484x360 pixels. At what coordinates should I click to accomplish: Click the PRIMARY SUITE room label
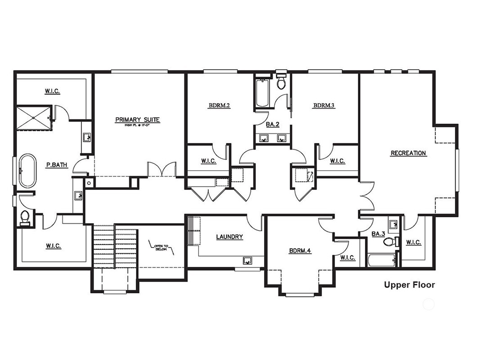click(138, 120)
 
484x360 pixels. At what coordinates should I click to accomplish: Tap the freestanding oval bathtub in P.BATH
click(27, 171)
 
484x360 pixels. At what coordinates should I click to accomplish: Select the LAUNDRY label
click(229, 237)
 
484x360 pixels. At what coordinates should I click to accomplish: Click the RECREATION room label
click(408, 153)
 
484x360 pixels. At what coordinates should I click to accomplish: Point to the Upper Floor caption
click(409, 284)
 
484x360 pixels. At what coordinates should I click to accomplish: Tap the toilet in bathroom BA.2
click(282, 82)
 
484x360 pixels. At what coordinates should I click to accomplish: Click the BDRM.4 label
click(300, 251)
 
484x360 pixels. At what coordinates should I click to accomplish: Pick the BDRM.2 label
click(219, 106)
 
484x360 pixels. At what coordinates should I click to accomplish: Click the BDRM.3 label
click(324, 106)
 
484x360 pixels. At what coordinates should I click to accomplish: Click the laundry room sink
click(247, 260)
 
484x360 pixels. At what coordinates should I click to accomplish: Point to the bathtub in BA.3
click(382, 261)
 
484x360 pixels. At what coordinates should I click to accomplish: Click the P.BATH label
click(57, 165)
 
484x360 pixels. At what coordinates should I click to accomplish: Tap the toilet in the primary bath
click(25, 217)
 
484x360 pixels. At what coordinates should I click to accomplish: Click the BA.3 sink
click(393, 225)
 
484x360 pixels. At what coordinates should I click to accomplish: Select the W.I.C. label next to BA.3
click(413, 243)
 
